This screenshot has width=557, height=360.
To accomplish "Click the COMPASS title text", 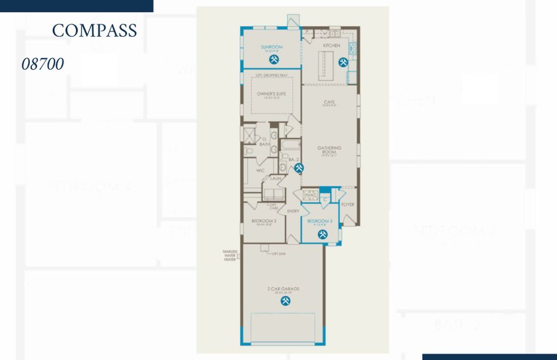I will click(x=94, y=31).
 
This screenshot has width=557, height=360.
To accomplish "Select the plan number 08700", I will click(x=43, y=64).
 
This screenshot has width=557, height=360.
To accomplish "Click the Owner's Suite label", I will click(x=271, y=94).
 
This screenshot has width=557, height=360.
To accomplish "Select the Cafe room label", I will click(x=329, y=102).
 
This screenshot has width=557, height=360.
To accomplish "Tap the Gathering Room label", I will click(x=329, y=149).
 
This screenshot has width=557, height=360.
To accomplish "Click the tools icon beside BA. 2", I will click(x=299, y=169).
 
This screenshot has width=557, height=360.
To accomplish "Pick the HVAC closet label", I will click(x=310, y=195).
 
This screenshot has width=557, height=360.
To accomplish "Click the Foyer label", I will click(x=348, y=205).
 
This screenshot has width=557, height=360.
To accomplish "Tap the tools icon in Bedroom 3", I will click(x=323, y=234).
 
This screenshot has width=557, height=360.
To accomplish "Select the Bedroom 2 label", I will click(x=264, y=221).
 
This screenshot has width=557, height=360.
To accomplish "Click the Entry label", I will click(x=293, y=211).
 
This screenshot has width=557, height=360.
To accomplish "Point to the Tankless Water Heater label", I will click(x=230, y=256).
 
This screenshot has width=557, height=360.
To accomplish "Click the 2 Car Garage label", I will click(x=284, y=289).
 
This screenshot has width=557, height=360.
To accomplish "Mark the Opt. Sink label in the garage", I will click(x=278, y=253).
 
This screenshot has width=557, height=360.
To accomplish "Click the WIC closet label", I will click(x=261, y=170).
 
